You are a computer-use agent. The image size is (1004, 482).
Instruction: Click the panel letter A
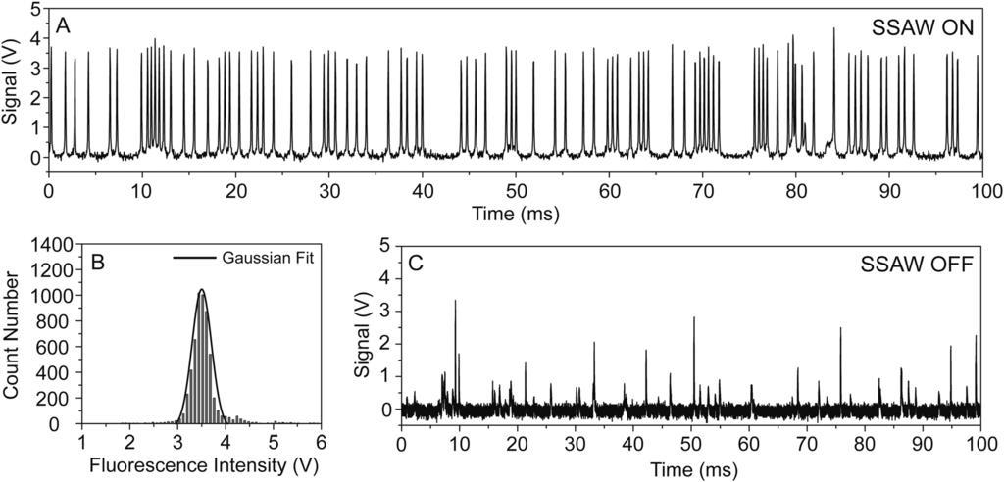pyautogui.click(x=63, y=26)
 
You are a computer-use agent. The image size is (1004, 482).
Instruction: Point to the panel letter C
pyautogui.click(x=415, y=263)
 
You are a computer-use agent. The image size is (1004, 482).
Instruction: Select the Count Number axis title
pyautogui.click(x=13, y=333)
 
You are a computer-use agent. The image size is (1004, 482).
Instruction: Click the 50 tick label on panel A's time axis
pyautogui.click(x=515, y=191)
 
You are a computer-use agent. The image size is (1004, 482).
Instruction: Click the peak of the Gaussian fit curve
pyautogui.click(x=202, y=290)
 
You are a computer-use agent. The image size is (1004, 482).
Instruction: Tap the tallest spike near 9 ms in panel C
pyautogui.click(x=455, y=301)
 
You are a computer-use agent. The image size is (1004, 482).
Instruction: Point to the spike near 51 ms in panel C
pyautogui.click(x=694, y=317)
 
